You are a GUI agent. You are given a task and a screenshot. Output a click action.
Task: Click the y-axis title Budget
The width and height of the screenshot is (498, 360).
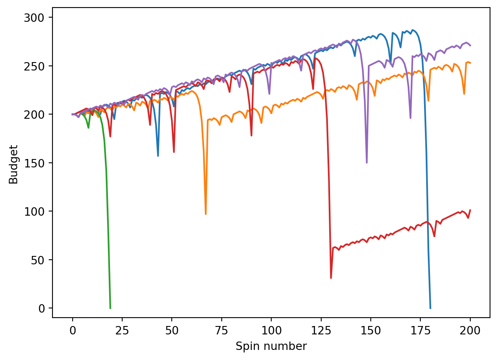(13, 164)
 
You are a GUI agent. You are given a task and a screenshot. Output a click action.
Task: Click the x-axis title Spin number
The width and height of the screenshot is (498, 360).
(271, 347)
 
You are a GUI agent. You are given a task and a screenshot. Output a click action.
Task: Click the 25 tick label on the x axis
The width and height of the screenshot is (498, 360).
(122, 330)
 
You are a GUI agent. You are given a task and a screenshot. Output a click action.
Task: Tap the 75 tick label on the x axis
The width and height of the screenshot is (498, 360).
(222, 330)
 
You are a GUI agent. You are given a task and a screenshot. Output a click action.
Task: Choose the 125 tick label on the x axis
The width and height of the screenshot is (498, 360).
(321, 330)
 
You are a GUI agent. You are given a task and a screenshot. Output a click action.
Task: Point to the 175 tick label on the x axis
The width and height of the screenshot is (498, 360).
(420, 330)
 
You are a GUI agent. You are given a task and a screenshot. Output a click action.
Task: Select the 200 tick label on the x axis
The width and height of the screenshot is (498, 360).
(470, 330)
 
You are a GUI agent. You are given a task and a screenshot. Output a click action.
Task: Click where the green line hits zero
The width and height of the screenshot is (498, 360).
(110, 308)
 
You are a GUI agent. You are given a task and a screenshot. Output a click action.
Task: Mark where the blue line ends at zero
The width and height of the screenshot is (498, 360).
(430, 308)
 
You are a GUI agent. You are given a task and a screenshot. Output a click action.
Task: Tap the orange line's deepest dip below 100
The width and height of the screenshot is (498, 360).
(206, 214)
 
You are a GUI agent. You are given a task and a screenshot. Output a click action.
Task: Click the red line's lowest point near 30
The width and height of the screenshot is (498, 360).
(331, 278)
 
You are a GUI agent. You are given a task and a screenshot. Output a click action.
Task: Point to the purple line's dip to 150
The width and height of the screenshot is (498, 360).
(367, 162)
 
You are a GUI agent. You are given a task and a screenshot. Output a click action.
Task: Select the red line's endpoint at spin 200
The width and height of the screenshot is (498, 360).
(470, 210)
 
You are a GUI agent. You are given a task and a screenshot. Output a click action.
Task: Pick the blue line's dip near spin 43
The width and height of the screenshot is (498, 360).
(158, 156)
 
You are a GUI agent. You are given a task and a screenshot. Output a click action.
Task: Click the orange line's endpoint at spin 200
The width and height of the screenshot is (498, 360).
(470, 63)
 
